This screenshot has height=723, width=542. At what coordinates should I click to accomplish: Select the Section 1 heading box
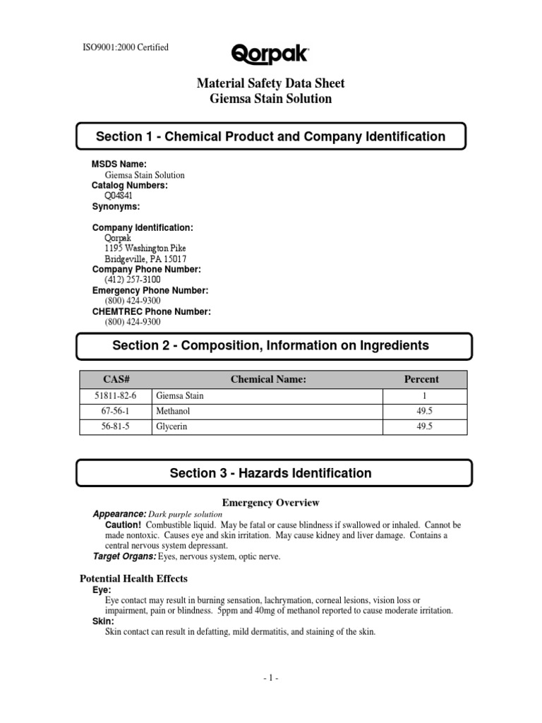click(271, 137)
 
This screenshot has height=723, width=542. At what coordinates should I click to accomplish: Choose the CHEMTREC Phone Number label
click(151, 311)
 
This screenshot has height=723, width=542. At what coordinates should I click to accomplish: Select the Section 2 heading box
click(271, 345)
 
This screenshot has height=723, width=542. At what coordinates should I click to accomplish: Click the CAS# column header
click(114, 379)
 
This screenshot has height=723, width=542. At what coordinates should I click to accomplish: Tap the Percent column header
click(421, 379)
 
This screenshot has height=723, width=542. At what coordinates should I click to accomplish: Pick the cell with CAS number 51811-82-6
click(114, 396)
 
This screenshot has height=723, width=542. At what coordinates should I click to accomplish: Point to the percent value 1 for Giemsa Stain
click(421, 396)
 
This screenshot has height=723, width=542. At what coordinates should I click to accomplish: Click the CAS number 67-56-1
click(114, 410)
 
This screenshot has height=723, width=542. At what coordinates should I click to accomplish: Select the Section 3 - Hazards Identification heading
click(271, 473)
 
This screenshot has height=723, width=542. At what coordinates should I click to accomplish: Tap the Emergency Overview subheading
click(271, 503)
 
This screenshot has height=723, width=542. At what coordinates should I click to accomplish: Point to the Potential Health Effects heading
click(133, 578)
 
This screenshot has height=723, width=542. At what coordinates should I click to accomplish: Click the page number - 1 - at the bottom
click(271, 678)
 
